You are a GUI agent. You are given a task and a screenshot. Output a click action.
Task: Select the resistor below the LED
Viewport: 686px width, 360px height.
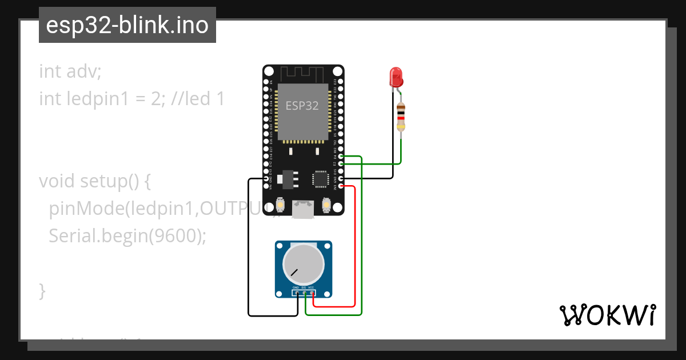pos(401,117)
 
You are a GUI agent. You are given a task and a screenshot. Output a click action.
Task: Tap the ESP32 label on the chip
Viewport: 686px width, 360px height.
pos(302,106)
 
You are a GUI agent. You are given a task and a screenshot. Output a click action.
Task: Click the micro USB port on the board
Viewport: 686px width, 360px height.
pos(303,209)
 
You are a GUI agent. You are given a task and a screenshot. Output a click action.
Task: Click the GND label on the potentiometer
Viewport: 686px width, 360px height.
pos(296,287)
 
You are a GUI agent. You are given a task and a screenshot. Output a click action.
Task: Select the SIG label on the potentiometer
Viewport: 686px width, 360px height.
pos(304,287)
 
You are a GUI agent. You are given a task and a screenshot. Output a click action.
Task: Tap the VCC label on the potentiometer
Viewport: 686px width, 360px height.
pos(312,287)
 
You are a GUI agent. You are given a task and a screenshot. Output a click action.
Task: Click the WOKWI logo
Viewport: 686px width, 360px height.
pos(608,315)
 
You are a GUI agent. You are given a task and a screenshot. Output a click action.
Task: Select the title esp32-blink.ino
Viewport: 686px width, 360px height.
pos(127,25)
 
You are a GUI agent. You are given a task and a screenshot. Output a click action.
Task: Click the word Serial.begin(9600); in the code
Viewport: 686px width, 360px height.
pos(127,235)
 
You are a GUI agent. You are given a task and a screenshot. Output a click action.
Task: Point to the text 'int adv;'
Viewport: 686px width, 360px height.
pos(70,71)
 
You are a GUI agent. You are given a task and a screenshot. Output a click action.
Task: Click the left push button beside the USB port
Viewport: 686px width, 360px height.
pos(281,204)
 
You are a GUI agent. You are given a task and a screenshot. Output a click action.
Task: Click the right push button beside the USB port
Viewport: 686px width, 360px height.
pos(326,204)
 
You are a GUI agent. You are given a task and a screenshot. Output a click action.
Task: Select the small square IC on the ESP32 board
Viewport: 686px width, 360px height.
pos(319,179)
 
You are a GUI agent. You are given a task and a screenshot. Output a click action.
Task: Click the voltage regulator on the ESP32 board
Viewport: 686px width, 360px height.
pos(286,179)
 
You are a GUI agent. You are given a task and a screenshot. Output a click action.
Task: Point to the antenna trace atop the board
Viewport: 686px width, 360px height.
pos(302,74)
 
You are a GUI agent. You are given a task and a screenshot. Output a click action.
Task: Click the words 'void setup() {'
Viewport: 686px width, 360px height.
pos(95,181)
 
